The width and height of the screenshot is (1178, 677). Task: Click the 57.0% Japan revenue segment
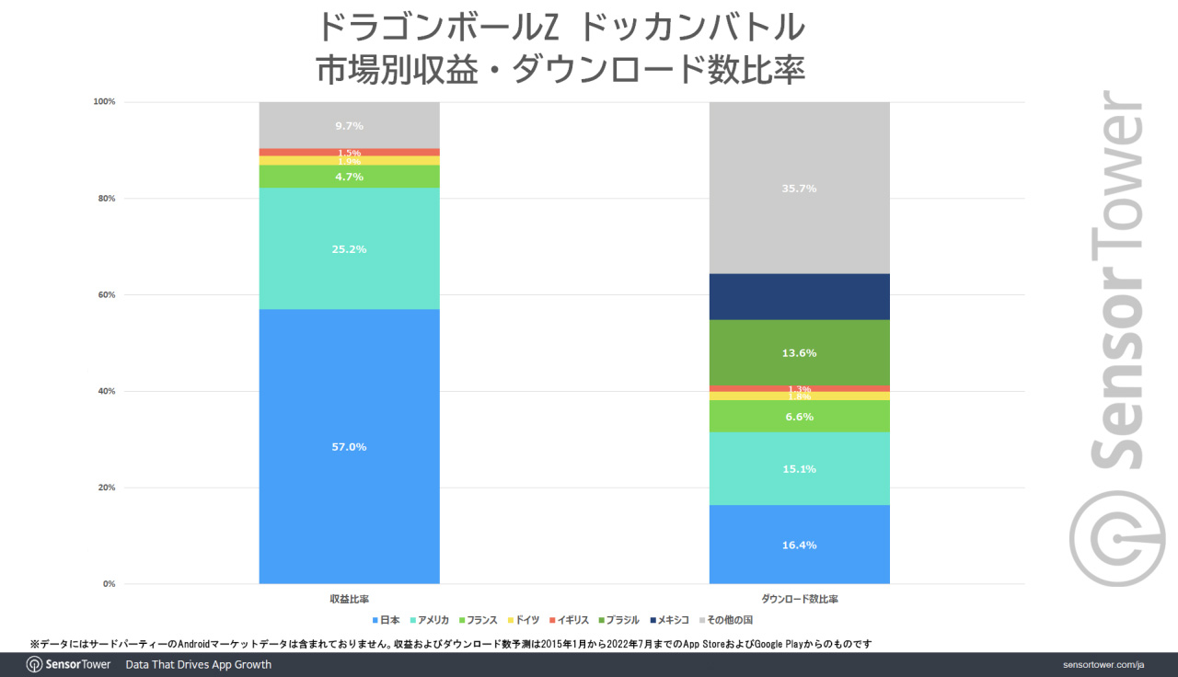[x=349, y=446]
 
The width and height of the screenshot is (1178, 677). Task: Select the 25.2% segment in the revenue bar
[x=349, y=248]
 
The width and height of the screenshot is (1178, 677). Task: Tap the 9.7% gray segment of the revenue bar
[x=349, y=125]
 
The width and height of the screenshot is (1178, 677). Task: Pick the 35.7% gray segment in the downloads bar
[x=799, y=188]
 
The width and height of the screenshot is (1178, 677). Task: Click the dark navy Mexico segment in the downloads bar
[x=799, y=296]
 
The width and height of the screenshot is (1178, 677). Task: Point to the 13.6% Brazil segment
[x=799, y=352]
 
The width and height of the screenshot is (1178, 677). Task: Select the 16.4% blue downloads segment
[x=799, y=545]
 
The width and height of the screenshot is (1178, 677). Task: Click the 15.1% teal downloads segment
[x=799, y=468]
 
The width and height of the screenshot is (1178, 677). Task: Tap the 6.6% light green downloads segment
[x=799, y=417]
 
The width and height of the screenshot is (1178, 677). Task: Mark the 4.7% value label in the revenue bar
[x=349, y=177]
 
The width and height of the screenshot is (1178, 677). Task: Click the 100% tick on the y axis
[x=104, y=101]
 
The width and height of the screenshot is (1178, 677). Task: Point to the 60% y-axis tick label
[x=106, y=294]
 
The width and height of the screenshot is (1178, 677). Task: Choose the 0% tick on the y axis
[x=109, y=583]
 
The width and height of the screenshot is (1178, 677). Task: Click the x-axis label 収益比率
[x=349, y=599]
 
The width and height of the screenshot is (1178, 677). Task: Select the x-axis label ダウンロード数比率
[x=799, y=599]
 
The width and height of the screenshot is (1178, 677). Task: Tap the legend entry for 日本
[x=387, y=621]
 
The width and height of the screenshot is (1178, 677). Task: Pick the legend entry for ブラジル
[x=618, y=621]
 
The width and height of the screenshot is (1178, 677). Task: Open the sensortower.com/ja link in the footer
[x=1104, y=664]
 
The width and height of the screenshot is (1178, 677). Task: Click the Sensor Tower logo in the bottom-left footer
[x=69, y=664]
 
